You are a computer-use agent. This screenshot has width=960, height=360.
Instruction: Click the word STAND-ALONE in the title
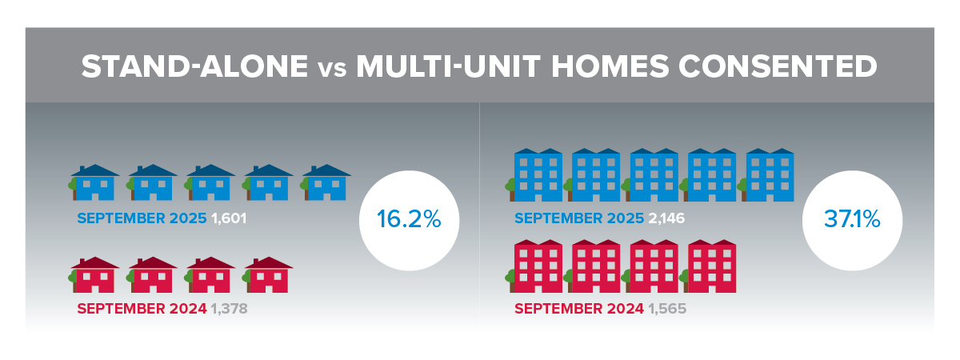pyautogui.click(x=194, y=66)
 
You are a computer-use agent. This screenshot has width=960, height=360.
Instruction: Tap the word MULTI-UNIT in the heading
pyautogui.click(x=448, y=66)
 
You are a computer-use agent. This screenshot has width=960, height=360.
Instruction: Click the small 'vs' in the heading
pyautogui.click(x=332, y=70)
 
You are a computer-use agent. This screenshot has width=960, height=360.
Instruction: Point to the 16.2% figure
pyautogui.click(x=409, y=219)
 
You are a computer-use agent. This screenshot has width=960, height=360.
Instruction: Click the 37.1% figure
pyautogui.click(x=852, y=219)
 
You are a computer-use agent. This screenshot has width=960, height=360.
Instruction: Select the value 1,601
pyautogui.click(x=229, y=218)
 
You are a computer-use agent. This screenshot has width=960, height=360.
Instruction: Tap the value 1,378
pyautogui.click(x=230, y=309)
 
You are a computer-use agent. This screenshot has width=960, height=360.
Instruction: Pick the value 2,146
pyautogui.click(x=666, y=218)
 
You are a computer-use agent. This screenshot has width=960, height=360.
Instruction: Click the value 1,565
pyautogui.click(x=667, y=309)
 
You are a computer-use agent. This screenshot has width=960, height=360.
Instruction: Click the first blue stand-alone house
pyautogui.click(x=94, y=182)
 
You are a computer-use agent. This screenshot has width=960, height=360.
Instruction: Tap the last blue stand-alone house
pyautogui.click(x=326, y=182)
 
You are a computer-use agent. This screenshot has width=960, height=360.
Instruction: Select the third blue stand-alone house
pyautogui.click(x=210, y=182)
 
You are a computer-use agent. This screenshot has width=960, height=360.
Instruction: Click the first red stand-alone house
pyautogui.click(x=94, y=274)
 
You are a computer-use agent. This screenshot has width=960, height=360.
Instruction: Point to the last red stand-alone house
pyautogui.click(x=267, y=274)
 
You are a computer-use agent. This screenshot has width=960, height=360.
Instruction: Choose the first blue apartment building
pyautogui.click(x=534, y=175)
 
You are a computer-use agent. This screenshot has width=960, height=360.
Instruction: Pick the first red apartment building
pyautogui.click(x=534, y=266)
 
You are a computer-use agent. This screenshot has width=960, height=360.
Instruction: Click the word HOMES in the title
pyautogui.click(x=610, y=66)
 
